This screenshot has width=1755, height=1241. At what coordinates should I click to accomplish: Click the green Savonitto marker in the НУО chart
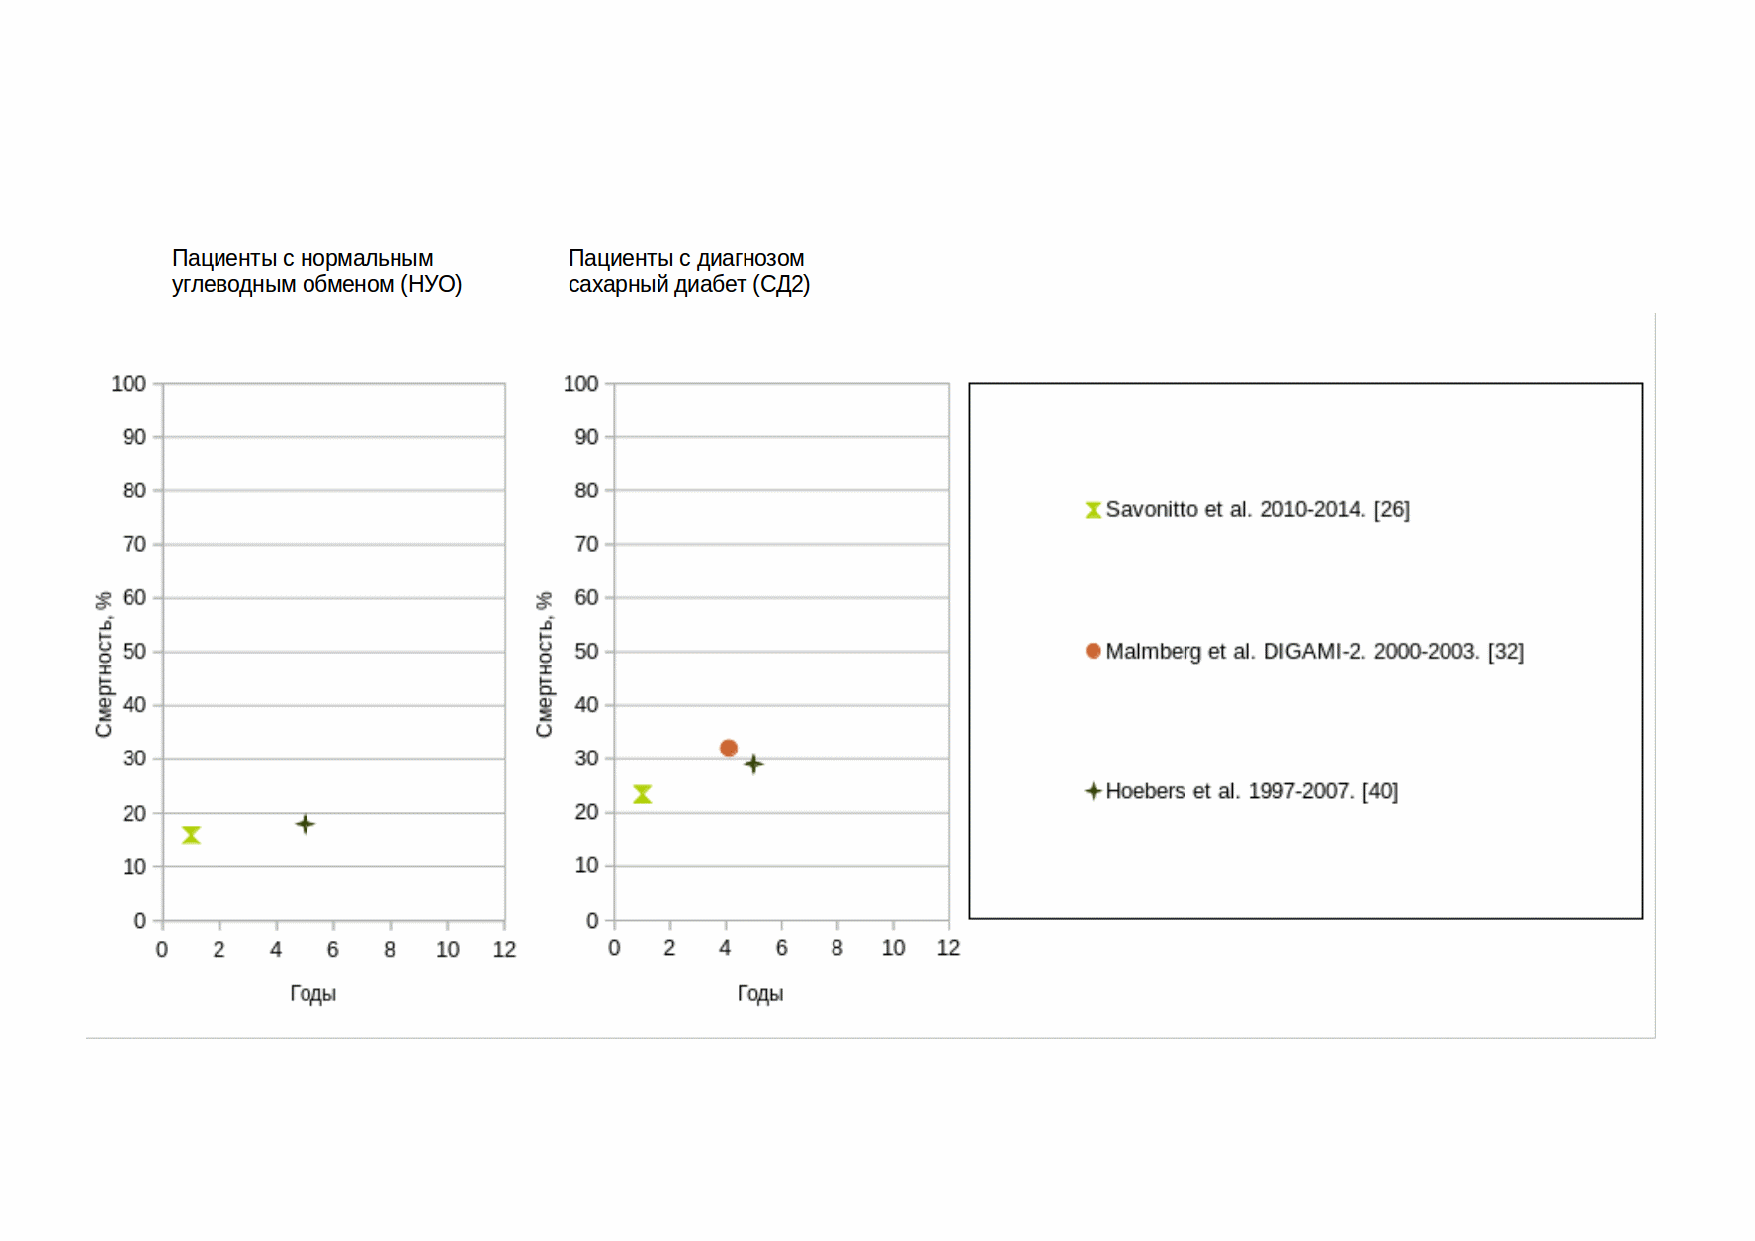click(x=191, y=836)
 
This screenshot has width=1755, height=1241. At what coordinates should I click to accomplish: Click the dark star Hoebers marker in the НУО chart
click(x=306, y=824)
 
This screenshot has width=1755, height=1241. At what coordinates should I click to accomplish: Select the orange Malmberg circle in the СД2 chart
click(x=729, y=749)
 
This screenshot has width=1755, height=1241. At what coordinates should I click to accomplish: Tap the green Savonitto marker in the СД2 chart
click(x=642, y=794)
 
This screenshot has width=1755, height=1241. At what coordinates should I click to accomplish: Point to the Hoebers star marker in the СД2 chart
click(x=753, y=764)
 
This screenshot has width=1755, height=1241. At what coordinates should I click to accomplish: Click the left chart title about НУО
click(x=316, y=271)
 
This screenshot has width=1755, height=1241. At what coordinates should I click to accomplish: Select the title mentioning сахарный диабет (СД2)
click(x=688, y=271)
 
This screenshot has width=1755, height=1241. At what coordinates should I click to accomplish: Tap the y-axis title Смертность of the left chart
click(x=104, y=665)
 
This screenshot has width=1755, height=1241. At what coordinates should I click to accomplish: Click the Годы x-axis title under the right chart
click(x=759, y=994)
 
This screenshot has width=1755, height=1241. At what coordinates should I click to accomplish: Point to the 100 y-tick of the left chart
click(x=129, y=384)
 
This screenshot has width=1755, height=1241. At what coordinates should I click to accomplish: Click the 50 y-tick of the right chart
click(x=586, y=652)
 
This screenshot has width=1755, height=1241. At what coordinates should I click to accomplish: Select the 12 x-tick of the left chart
click(x=504, y=950)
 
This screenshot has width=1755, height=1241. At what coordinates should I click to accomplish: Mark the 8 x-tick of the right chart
click(x=837, y=949)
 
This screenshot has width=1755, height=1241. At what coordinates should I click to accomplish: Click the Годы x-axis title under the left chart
click(x=312, y=994)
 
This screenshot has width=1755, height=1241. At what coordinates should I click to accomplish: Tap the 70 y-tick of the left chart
click(x=134, y=545)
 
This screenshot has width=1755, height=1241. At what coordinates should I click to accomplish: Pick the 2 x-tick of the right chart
click(x=669, y=949)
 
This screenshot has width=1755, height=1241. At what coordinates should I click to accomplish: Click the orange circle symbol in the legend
click(x=1093, y=651)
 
